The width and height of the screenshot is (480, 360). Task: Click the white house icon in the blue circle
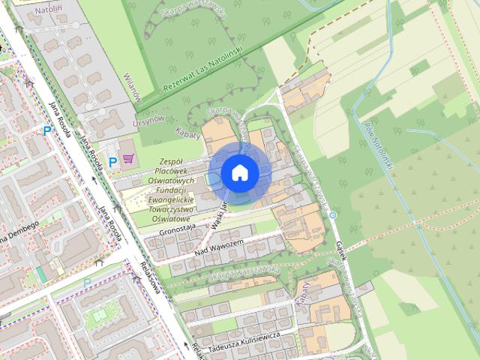pyautogui.click(x=239, y=172)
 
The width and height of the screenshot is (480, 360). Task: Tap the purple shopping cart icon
pyautogui.click(x=128, y=158)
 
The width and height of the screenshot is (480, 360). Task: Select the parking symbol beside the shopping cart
pyautogui.click(x=113, y=160)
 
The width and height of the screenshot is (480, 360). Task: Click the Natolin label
pyautogui.click(x=48, y=10)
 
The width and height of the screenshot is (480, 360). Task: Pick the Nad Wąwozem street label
pyautogui.click(x=218, y=246)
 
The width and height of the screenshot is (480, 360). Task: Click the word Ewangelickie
pyautogui.click(x=171, y=200)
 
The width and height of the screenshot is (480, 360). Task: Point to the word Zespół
pyautogui.click(x=172, y=161)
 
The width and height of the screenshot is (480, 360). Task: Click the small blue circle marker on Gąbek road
pyautogui.click(x=333, y=214)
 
